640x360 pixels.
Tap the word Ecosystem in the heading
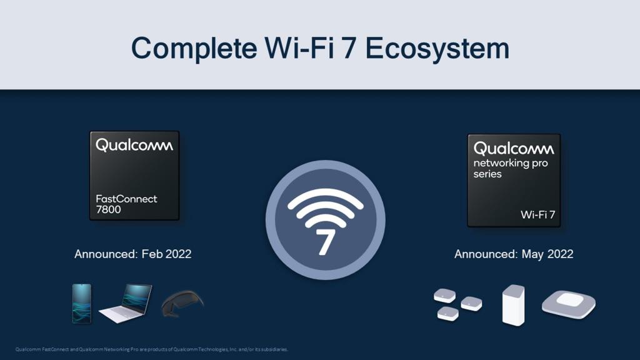pos(437,49)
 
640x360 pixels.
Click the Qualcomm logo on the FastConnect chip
pos(134,146)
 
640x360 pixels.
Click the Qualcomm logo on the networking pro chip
pos(514,149)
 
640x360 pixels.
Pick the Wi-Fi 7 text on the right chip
pos(538,214)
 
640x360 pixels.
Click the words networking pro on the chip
pos(510,163)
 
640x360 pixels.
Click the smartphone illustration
pos(82,304)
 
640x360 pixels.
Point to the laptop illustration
pos(126,303)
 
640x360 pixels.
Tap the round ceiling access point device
pos(569,304)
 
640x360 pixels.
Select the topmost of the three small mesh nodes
pos(444,295)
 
